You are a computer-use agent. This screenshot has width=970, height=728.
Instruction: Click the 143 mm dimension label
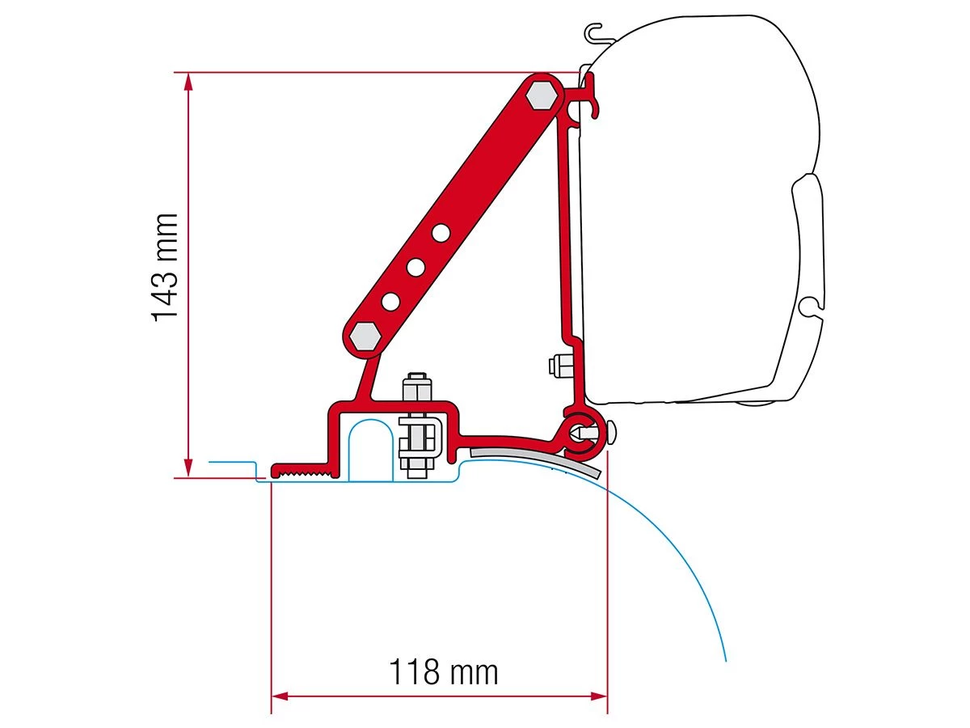tap(165, 267)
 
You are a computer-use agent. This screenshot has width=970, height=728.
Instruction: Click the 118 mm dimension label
tap(444, 672)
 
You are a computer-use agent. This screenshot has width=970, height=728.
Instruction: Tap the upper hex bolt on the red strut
tap(541, 95)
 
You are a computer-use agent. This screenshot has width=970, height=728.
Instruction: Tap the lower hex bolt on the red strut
tap(363, 336)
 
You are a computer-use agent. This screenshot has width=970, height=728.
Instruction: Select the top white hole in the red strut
tap(441, 233)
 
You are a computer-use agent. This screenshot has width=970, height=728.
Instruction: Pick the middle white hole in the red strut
tap(416, 266)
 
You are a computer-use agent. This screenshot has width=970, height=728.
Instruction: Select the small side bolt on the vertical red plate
tap(557, 366)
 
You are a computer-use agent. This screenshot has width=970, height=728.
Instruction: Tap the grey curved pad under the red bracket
tap(538, 458)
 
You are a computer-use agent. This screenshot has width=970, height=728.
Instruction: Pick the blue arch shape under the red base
tap(370, 449)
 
